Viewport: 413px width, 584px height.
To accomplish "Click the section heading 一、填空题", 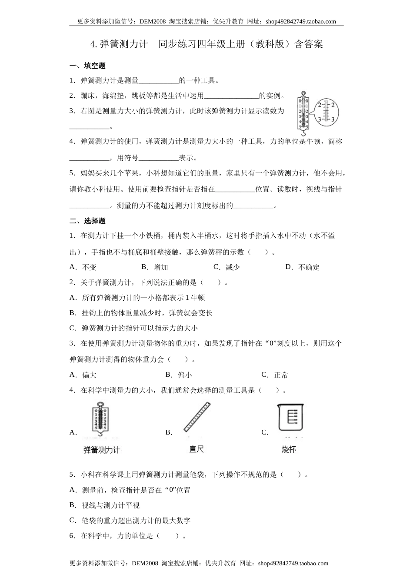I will [87, 66].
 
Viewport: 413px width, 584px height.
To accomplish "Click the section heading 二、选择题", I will [87, 221].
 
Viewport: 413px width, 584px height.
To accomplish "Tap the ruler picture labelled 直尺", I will [197, 417].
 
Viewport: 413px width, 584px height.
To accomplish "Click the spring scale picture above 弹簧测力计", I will [101, 418].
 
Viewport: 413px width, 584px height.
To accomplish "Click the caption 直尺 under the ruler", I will [197, 449].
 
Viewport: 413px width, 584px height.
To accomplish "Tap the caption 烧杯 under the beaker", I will [289, 449].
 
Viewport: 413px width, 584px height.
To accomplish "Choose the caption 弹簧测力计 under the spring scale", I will [101, 450].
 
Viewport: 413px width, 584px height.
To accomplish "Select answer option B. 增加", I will [155, 267].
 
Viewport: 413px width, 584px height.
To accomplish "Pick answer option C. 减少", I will [226, 267].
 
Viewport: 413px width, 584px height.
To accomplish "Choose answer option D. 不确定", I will [303, 267].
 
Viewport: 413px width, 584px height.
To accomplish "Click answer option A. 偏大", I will [83, 375].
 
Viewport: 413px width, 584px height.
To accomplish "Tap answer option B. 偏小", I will [179, 375].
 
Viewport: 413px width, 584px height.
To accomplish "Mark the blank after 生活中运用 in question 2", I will [231, 96].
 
